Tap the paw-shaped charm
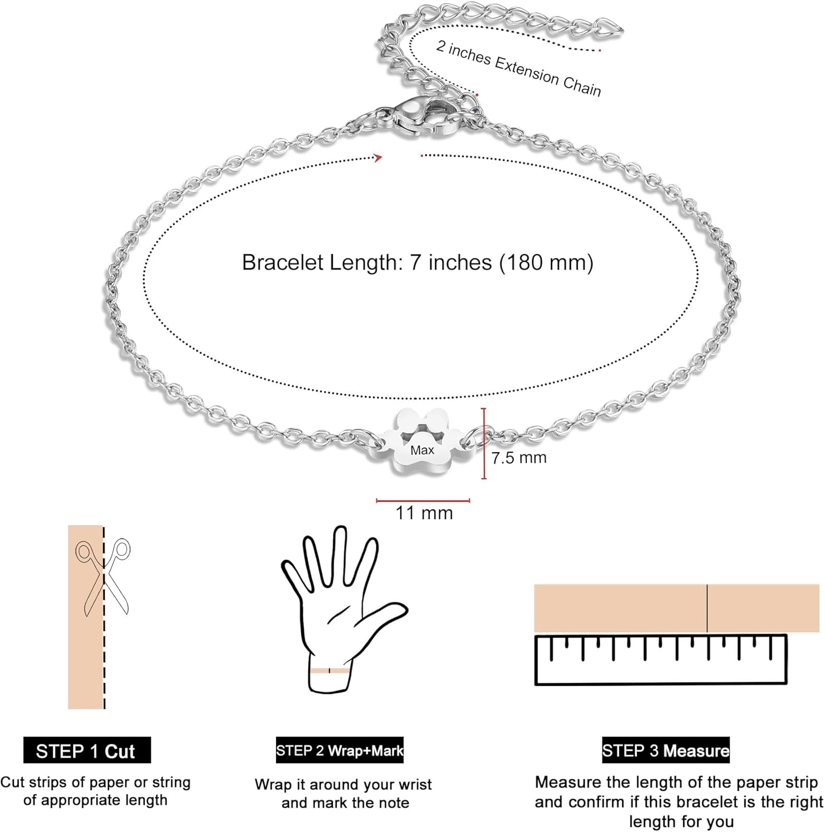(x=423, y=441)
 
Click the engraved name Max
(x=422, y=450)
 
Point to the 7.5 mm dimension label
(x=519, y=458)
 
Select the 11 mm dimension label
(x=424, y=513)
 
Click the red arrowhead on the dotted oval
(x=379, y=158)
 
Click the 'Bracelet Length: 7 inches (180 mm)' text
(x=417, y=262)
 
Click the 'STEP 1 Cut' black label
(x=87, y=750)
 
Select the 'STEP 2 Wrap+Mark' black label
(x=339, y=750)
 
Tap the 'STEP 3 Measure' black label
(x=666, y=750)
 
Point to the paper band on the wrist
(x=330, y=671)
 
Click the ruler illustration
(x=661, y=660)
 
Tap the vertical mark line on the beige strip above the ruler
(x=707, y=608)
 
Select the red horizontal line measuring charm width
(x=423, y=500)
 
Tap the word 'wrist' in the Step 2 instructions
(x=412, y=785)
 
